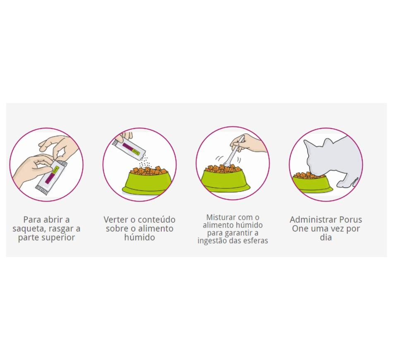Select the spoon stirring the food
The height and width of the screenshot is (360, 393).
coord(233,152)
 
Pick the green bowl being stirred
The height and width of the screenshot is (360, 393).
coord(225,181)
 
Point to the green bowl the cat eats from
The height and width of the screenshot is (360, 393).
coord(312,184)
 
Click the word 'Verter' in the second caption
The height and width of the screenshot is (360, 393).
coord(115,220)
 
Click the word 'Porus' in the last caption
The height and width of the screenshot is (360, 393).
coord(351,220)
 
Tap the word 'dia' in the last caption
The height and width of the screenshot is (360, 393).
coord(326,238)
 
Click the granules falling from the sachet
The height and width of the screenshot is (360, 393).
coord(145,162)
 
